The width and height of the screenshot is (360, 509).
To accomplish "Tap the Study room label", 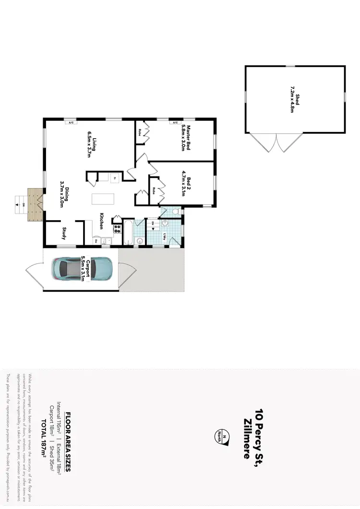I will coord(64,233).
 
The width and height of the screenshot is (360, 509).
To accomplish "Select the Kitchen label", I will coord(102,221).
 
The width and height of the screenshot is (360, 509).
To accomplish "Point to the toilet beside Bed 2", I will coord(175,211).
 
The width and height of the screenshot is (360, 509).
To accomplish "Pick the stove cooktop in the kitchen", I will coord(117,229).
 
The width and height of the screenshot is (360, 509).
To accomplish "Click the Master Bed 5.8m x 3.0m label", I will coord(186,138).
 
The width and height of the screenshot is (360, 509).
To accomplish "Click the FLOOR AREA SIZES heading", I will coord(68,435).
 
